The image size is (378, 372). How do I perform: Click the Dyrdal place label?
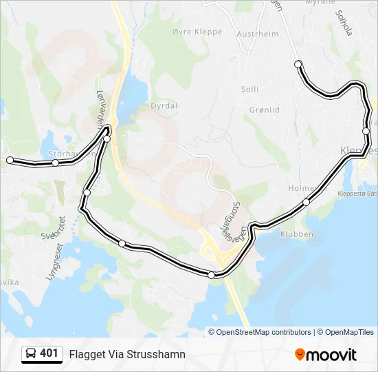click(164, 106)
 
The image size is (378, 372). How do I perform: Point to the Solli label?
click(249, 89)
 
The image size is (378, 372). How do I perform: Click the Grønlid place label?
click(264, 110)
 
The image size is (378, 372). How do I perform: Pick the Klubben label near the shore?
click(297, 234)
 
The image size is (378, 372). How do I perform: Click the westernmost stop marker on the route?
click(10, 160)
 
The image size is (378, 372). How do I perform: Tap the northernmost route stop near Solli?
click(298, 64)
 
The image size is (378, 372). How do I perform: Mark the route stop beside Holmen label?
click(307, 202)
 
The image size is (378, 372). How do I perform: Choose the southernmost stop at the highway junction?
click(211, 275)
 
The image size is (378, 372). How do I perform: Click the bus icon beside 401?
click(31, 354)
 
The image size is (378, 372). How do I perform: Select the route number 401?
click(49, 354)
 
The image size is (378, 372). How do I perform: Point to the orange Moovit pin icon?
click(300, 355)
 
